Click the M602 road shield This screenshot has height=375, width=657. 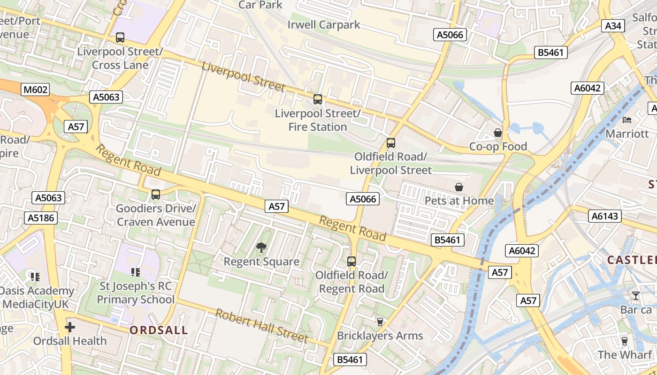[x=35, y=90]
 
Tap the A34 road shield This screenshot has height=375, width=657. [x=613, y=26]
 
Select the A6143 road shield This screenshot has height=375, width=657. [x=605, y=216]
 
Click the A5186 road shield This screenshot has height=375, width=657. [x=40, y=217]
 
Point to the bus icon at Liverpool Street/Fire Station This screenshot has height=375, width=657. [x=318, y=99]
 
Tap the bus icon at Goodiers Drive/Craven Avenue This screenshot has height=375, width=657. [x=156, y=194]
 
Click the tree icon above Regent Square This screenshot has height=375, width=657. [x=261, y=247]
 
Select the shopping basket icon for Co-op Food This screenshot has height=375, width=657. [x=498, y=133]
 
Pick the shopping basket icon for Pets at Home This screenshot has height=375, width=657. [x=459, y=187]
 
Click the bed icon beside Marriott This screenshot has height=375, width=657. [x=627, y=120]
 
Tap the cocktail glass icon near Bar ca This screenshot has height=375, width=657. [x=635, y=296]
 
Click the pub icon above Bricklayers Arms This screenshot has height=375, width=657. [x=380, y=322]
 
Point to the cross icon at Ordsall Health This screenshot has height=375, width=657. [x=70, y=327]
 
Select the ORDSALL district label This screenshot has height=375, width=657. [x=159, y=330]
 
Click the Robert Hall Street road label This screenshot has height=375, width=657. [x=261, y=325]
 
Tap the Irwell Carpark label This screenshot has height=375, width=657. [x=324, y=24]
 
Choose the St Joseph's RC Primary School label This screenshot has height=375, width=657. [x=136, y=292]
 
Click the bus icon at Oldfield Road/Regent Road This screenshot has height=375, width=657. [x=351, y=261]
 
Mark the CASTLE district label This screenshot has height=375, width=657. [x=632, y=260]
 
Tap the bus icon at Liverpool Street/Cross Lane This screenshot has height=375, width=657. [x=120, y=37]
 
